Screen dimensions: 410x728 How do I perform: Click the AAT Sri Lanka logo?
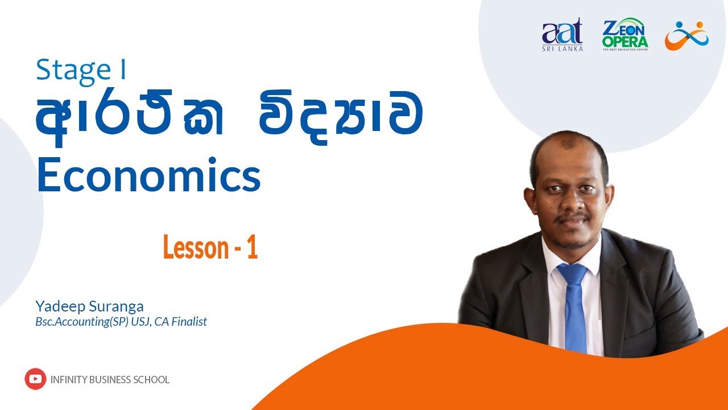[x=562, y=35]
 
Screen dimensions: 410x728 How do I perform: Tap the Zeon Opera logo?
[x=624, y=35]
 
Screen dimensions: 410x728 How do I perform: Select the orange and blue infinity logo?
[x=687, y=35]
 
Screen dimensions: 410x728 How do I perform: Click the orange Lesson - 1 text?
[x=210, y=249]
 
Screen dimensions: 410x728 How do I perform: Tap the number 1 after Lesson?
[x=253, y=249]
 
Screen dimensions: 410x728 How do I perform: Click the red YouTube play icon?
[x=35, y=379]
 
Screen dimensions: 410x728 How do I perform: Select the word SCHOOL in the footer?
[x=152, y=380]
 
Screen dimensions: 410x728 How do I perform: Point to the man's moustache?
[x=572, y=219]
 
